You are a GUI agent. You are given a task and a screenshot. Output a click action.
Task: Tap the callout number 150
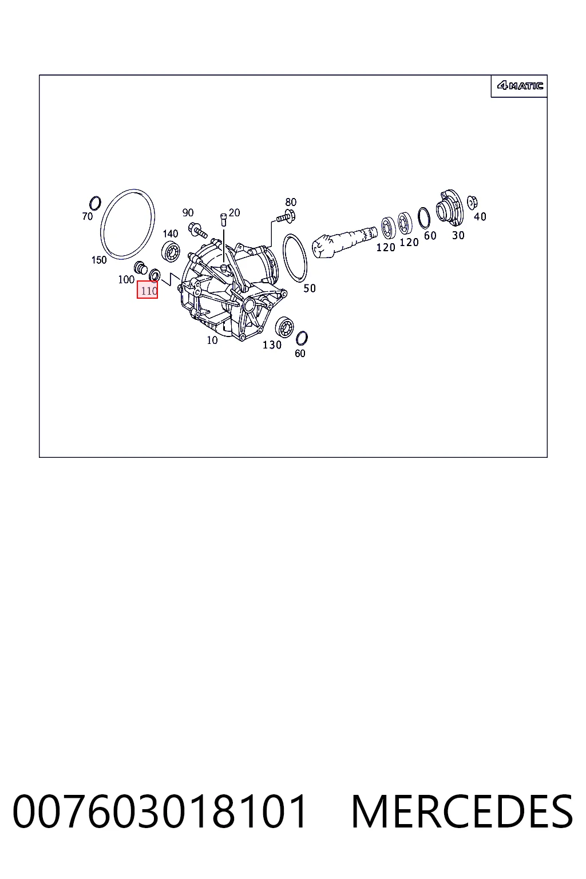pos(99,260)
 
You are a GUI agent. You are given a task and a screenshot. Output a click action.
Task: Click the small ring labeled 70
pos(96,203)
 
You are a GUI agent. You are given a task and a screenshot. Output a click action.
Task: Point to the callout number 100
pos(126,279)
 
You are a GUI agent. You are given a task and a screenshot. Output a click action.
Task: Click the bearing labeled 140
pos(171,252)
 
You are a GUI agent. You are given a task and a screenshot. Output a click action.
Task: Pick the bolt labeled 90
pos(197,230)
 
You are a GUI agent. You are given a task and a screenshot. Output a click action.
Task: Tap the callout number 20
pos(234,213)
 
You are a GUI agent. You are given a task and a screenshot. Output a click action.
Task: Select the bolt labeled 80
pos(286,216)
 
